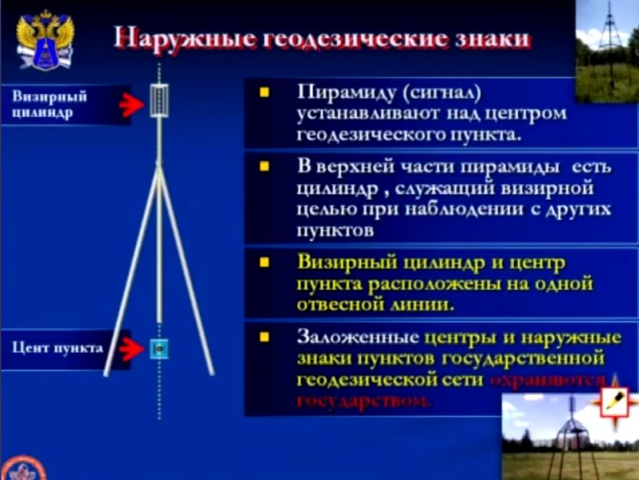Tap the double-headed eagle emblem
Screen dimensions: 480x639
45,39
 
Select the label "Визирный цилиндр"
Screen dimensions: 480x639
49,104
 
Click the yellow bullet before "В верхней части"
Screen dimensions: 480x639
264,167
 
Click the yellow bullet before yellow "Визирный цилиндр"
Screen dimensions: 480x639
264,262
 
